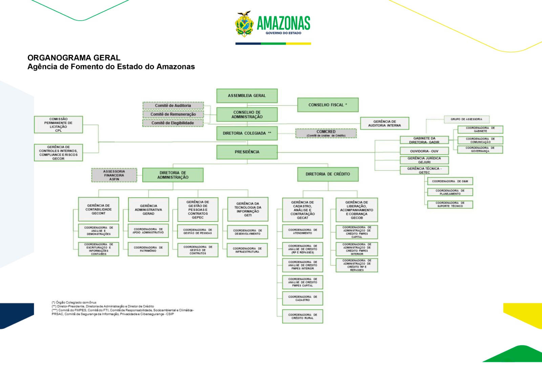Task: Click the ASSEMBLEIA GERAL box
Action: [x=247, y=96]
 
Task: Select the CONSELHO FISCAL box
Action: [x=328, y=105]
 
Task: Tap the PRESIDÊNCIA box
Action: [x=247, y=152]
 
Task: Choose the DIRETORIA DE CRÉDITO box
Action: [x=328, y=174]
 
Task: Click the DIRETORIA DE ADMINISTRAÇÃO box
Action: [x=173, y=175]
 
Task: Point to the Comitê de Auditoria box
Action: [x=173, y=106]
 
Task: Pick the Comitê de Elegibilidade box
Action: [x=173, y=123]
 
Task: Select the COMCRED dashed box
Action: [x=326, y=133]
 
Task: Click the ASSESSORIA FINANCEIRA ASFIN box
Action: [x=114, y=175]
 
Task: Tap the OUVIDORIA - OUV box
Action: [x=424, y=151]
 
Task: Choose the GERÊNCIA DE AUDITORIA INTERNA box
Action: [x=384, y=124]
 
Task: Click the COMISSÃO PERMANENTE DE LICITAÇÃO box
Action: [x=58, y=125]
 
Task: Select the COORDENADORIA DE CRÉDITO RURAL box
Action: [x=303, y=316]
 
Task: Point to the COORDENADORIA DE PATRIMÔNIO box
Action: [x=148, y=249]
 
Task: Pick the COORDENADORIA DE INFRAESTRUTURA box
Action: [x=247, y=250]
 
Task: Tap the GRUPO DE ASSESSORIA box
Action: [x=466, y=119]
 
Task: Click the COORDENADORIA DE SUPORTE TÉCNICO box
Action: [x=450, y=204]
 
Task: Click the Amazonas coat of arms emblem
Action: [x=244, y=24]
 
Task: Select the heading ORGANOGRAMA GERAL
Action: [x=74, y=58]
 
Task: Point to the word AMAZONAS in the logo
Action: [x=284, y=23]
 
